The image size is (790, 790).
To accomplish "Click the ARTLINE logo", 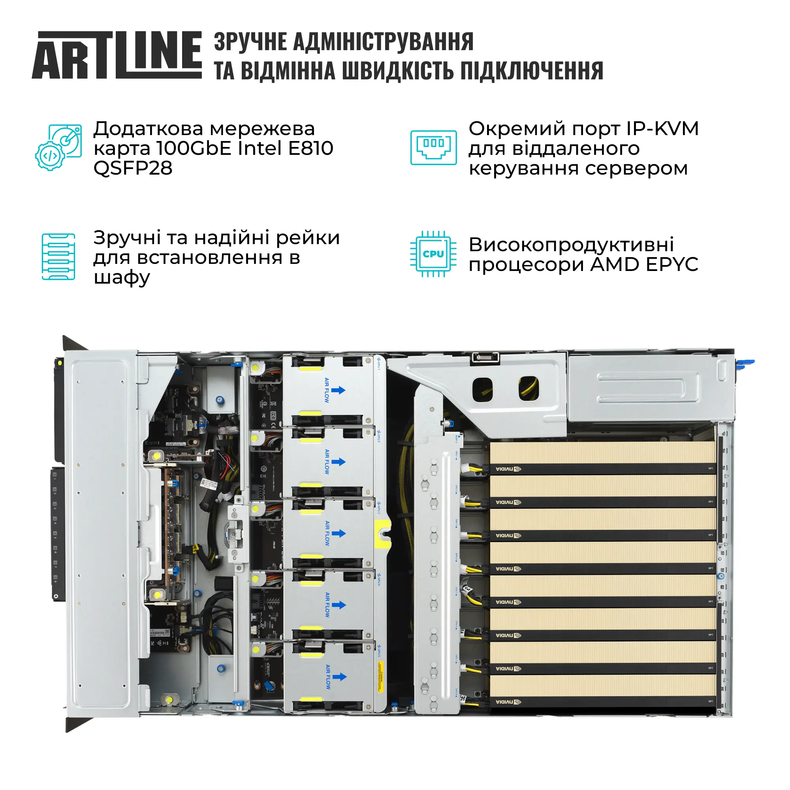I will pyautogui.click(x=117, y=55).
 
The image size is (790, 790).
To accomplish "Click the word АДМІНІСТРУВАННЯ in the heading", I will pyautogui.click(x=383, y=42).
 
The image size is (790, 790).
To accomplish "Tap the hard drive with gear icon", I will pyautogui.click(x=58, y=147).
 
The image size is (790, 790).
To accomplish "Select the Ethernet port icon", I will pyautogui.click(x=433, y=147).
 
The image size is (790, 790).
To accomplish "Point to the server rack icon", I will pyautogui.click(x=58, y=257).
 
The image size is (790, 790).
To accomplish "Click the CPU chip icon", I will pyautogui.click(x=433, y=254).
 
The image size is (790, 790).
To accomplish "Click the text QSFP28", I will pyautogui.click(x=133, y=168).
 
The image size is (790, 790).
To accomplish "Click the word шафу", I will pyautogui.click(x=122, y=278).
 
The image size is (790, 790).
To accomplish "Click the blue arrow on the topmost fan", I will pyautogui.click(x=338, y=390).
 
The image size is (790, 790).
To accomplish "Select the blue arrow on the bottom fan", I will pyautogui.click(x=339, y=677).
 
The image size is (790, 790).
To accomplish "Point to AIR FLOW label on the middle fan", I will pyautogui.click(x=327, y=533).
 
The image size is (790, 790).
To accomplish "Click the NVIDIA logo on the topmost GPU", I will pyautogui.click(x=508, y=469).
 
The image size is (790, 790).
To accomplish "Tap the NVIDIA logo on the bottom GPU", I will pyautogui.click(x=508, y=702).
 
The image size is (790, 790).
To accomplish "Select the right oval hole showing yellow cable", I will pyautogui.click(x=529, y=388).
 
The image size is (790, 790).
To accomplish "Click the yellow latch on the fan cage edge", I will pyautogui.click(x=383, y=534).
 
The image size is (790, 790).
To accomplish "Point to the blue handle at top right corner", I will pyautogui.click(x=745, y=363).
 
